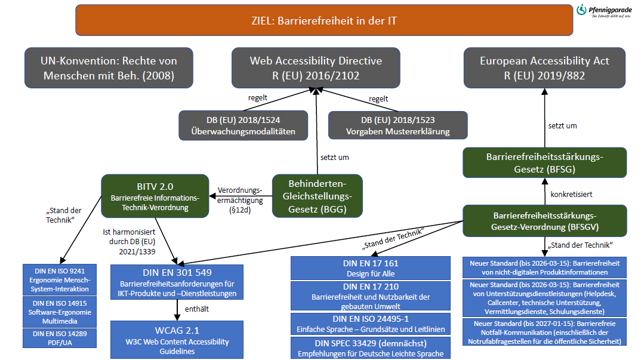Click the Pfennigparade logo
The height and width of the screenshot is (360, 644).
pyautogui.click(x=606, y=11)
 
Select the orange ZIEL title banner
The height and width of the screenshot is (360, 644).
pyautogui.click(x=324, y=21)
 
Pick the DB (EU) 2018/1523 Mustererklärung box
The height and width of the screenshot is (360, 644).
pyautogui.click(x=398, y=125)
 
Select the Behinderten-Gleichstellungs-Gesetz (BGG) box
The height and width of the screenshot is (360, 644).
pyautogui.click(x=317, y=195)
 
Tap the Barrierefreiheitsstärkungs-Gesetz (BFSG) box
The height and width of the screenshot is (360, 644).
pyautogui.click(x=544, y=162)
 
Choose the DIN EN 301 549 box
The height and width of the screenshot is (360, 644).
pyautogui.click(x=177, y=281)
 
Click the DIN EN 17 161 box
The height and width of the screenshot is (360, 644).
pyautogui.click(x=371, y=268)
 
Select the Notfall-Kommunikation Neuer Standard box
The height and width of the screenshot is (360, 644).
pyautogui.click(x=544, y=332)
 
